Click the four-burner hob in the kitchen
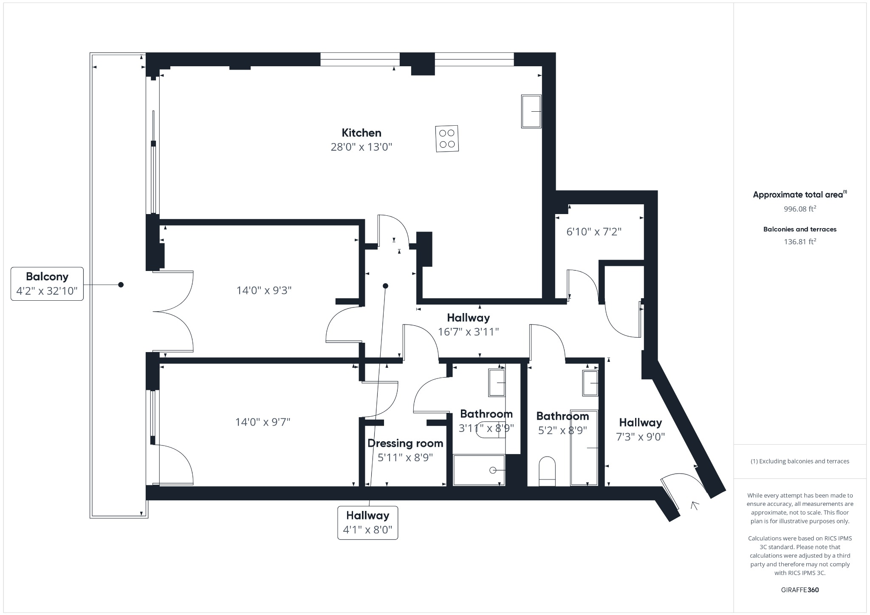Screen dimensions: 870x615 [x=447, y=139]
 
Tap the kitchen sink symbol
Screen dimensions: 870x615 [x=531, y=111]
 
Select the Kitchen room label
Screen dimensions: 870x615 [x=362, y=133]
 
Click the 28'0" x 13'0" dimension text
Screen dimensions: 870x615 [x=362, y=147]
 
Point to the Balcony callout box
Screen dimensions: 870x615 [x=47, y=284]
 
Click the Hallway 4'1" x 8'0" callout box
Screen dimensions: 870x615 [x=367, y=523]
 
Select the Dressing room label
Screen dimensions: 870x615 [x=405, y=443]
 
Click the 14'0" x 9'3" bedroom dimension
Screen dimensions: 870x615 [x=264, y=291]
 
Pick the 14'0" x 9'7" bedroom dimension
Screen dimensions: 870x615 [x=263, y=422]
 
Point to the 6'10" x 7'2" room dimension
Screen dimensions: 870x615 [x=594, y=232]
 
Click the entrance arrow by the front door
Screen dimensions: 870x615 [x=695, y=505]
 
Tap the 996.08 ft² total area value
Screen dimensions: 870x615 [x=800, y=209]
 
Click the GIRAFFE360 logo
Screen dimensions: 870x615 [x=800, y=590]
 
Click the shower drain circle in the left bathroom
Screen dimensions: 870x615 [x=493, y=470]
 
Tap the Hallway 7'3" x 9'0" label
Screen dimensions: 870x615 [x=640, y=429]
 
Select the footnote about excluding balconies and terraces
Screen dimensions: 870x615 [x=800, y=461]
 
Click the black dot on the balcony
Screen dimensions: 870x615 [x=121, y=285]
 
